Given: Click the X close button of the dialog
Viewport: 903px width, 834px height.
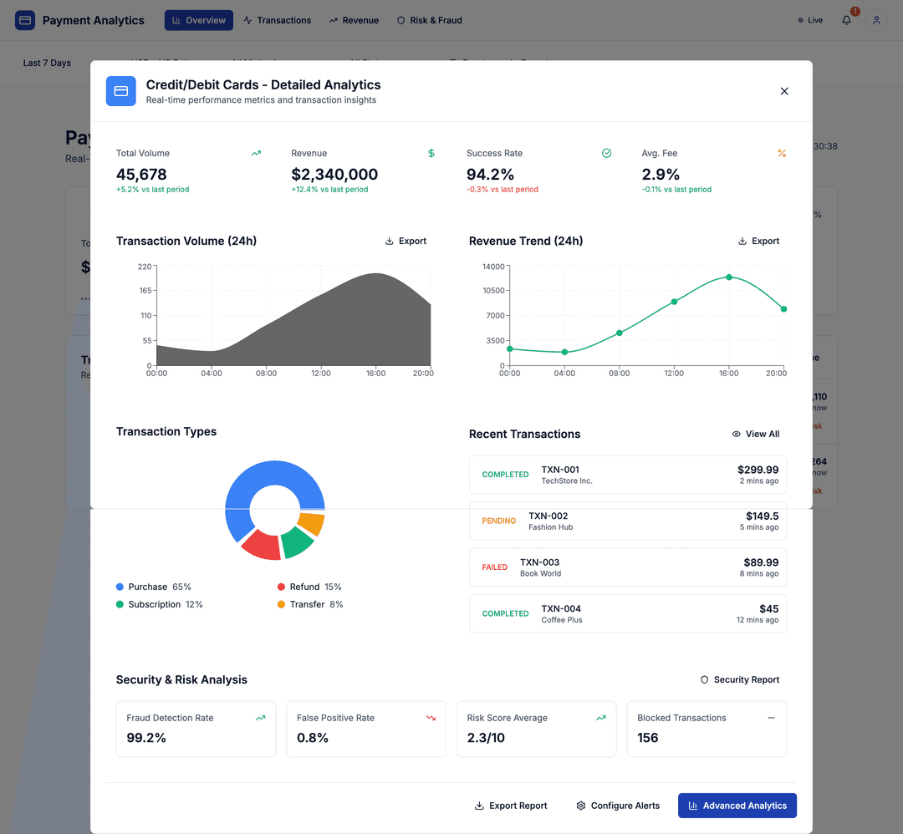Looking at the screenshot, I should (x=784, y=91).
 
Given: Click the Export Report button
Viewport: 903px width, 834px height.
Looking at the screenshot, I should (x=511, y=806).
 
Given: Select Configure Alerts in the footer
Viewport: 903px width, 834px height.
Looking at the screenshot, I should (x=618, y=806).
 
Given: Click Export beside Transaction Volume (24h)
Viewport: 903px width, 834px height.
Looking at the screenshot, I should (x=406, y=241).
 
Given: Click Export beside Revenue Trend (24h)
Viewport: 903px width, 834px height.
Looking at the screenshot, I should (x=758, y=241).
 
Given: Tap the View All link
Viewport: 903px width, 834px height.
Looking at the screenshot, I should (x=756, y=434).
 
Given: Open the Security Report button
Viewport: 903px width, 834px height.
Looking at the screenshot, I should (x=739, y=679).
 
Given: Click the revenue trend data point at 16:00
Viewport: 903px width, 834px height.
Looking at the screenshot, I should (x=729, y=277).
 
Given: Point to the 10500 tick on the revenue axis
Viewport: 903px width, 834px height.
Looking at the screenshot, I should (x=493, y=291).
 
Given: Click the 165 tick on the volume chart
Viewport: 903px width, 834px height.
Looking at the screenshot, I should (x=145, y=291).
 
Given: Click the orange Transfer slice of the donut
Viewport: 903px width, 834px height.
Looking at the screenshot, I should (x=311, y=524).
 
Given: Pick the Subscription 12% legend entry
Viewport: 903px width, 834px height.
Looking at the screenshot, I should (x=160, y=604).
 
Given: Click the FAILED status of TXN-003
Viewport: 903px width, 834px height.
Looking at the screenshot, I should (x=494, y=567).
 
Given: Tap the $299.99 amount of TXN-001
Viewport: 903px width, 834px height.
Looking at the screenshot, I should (x=758, y=470).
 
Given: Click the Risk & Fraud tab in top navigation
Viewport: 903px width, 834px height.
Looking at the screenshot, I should (x=429, y=20).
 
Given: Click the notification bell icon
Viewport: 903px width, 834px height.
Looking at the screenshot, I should (x=846, y=20).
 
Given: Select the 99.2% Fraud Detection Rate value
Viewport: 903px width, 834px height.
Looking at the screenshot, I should (x=146, y=738).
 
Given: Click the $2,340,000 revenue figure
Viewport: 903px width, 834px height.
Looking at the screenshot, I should (x=334, y=175).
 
